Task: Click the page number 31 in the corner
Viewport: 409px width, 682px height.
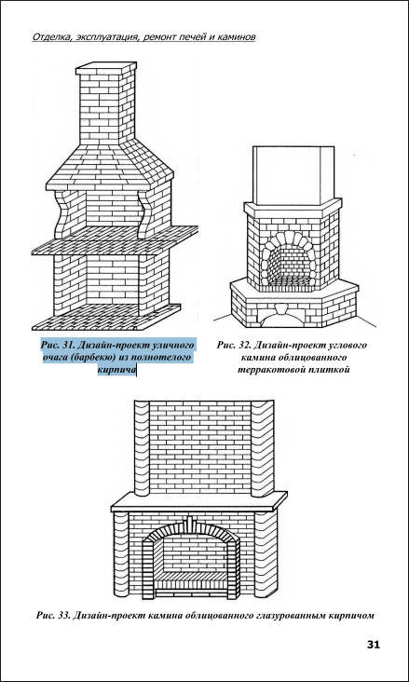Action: coord(374,644)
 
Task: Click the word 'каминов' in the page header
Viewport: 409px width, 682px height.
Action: coord(236,37)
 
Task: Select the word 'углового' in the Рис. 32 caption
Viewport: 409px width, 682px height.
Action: coord(348,346)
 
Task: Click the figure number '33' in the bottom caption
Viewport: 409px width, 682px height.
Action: coord(62,616)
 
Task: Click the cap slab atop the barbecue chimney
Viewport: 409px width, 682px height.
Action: coord(106,69)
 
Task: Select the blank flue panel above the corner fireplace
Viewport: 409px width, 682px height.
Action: coord(293,175)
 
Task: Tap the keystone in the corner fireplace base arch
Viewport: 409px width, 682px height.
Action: coord(282,309)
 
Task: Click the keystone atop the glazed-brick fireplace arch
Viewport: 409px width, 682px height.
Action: coord(190,522)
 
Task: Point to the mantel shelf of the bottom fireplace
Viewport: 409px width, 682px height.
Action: coord(199,501)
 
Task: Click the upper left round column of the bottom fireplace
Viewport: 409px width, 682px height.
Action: coord(142,448)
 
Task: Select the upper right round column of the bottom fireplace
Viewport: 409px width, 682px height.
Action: coord(263,448)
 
